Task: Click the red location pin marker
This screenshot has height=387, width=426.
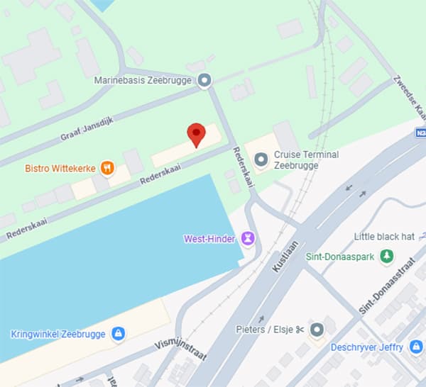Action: point(196,134)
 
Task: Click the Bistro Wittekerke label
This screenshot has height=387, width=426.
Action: point(60,169)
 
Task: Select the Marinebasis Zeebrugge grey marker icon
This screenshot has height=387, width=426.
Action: point(205,81)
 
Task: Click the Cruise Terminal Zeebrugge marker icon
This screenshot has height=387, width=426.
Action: point(261,160)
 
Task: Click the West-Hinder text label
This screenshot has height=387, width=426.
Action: point(210,238)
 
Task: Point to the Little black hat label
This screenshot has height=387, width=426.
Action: point(385,237)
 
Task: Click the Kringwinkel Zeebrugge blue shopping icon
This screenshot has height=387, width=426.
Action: point(118,333)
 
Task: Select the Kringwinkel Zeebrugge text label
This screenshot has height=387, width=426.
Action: point(58,334)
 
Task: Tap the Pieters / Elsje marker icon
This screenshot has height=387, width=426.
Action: point(317,329)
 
